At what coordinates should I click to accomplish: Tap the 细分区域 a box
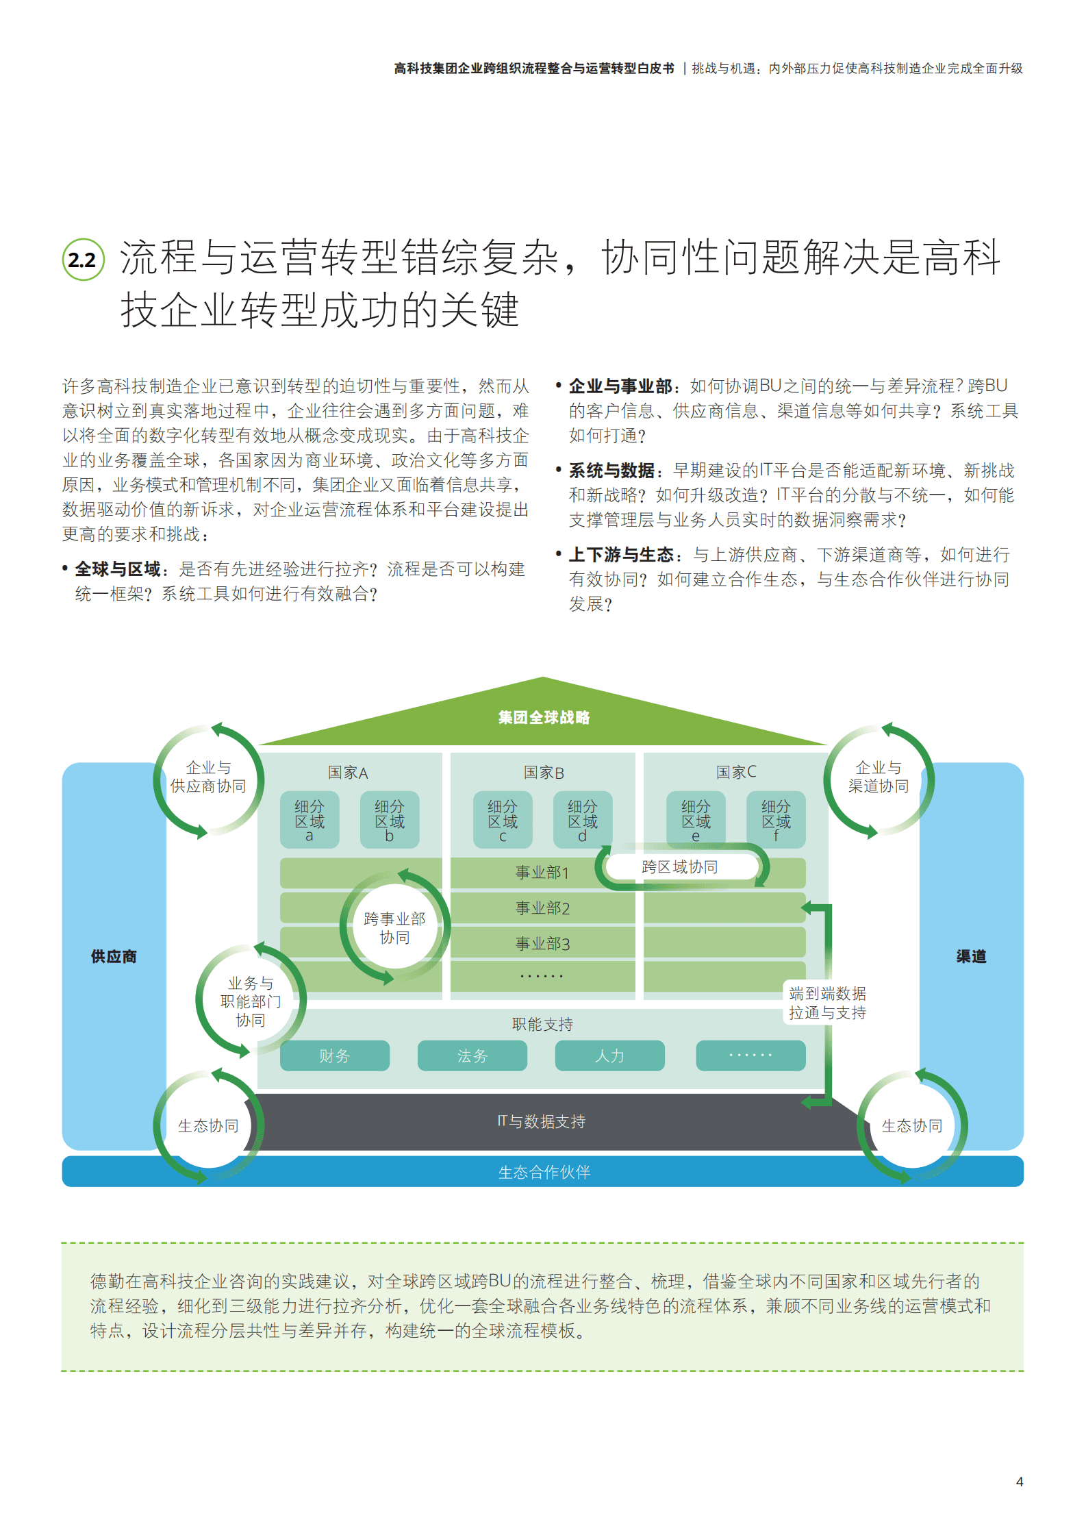tap(310, 820)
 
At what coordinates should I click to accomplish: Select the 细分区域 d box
tap(582, 820)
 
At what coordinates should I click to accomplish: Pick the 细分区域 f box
tap(776, 820)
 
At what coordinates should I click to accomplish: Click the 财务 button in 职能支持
tap(334, 1055)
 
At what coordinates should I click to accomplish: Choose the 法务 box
tap(472, 1055)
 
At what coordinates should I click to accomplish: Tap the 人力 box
tap(609, 1055)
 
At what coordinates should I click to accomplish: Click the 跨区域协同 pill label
tap(680, 867)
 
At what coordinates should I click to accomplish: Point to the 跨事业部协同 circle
tap(394, 928)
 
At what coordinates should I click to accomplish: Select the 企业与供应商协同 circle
tap(208, 778)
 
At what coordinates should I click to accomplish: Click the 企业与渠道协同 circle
tap(879, 778)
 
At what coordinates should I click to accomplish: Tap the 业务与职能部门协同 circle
tap(251, 1001)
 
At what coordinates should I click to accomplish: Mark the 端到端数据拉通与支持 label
tap(827, 1003)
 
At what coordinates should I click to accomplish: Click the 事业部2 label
tap(542, 908)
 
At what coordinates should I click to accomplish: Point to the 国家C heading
tap(736, 772)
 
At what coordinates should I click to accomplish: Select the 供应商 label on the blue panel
tap(114, 956)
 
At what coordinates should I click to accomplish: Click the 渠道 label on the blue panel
tap(971, 956)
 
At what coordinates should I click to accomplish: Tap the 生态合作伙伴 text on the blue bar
tap(544, 1172)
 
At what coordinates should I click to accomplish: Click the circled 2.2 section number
tap(83, 260)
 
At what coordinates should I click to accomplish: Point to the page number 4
tap(1019, 1482)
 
